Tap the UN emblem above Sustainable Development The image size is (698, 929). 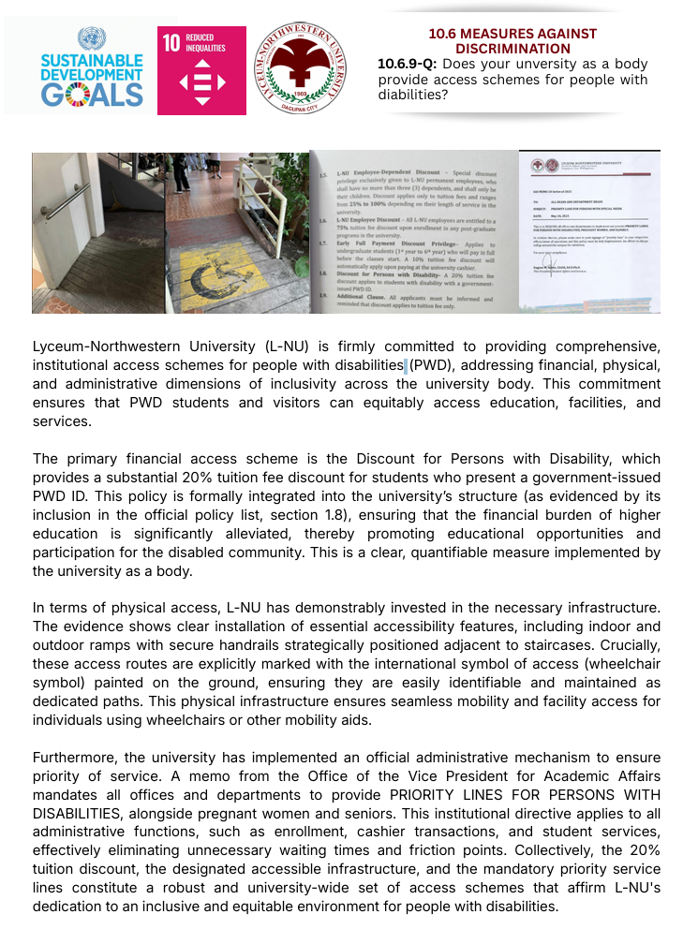point(92,39)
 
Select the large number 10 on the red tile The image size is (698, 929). point(171,42)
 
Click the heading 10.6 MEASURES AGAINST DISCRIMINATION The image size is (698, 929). point(512,40)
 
